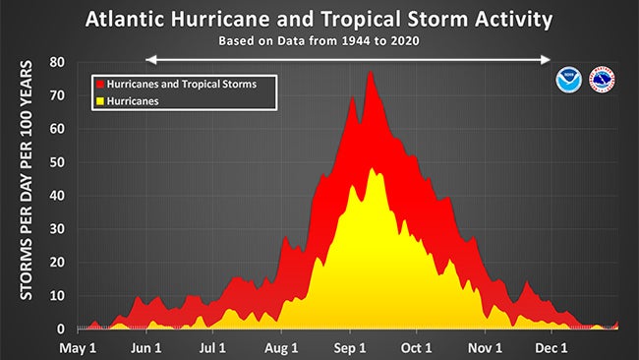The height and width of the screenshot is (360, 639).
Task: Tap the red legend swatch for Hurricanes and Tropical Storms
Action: coord(97,85)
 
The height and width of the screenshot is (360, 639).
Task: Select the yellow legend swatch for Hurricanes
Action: coord(97,100)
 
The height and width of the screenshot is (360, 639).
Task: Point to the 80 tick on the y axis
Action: coord(58,62)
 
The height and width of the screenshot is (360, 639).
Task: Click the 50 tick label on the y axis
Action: coord(58,162)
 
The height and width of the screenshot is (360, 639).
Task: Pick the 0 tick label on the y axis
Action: coord(62,329)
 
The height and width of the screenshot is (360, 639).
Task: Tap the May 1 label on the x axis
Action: coord(78,347)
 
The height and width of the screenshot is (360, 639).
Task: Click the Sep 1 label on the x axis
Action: coord(349,347)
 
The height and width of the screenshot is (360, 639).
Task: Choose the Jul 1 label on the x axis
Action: coord(213,347)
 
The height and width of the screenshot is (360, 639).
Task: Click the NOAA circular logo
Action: coord(568,80)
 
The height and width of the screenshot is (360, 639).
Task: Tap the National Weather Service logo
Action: coord(602,80)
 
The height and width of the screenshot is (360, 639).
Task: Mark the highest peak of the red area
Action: coord(371,72)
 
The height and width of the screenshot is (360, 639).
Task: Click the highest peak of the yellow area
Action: coord(372,168)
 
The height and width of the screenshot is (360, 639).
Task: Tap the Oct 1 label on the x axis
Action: coord(417,347)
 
